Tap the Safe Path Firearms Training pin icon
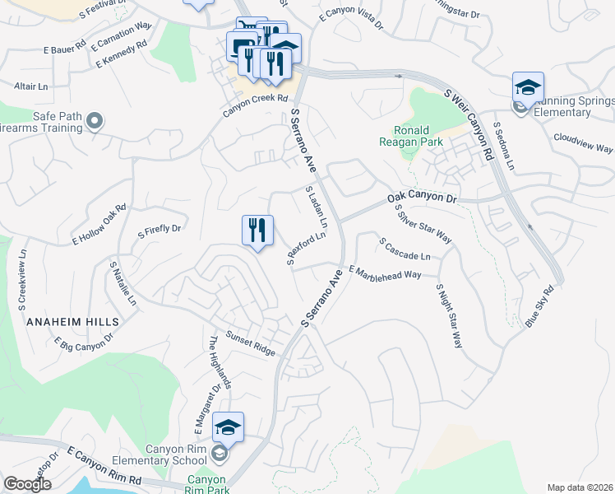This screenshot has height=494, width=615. click(95, 123)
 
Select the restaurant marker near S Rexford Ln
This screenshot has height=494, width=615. click(257, 231)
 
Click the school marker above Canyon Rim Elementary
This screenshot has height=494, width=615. click(228, 427)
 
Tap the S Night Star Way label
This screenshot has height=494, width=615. click(449, 317)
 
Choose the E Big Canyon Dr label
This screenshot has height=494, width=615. click(83, 345)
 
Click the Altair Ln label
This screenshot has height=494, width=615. click(31, 86)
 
